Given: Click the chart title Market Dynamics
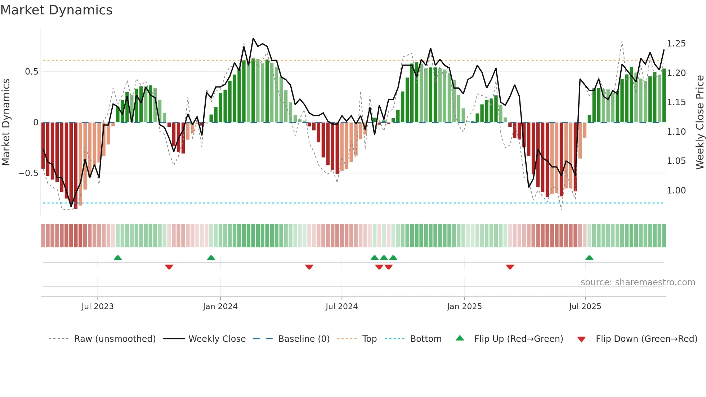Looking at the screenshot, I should [x=56, y=10].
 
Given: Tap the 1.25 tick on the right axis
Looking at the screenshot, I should [x=676, y=44].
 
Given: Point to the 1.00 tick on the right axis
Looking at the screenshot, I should [x=676, y=191].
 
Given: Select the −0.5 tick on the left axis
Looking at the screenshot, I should [x=28, y=173].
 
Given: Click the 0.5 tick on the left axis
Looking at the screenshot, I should [x=31, y=72].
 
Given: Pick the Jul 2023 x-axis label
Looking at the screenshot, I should [x=97, y=307].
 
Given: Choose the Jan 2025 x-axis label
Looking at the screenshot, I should [x=464, y=307].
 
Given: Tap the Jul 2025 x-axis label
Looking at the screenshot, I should [x=585, y=307].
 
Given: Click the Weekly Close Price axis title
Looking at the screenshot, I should [x=700, y=122].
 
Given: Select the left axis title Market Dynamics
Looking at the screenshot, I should [x=6, y=122].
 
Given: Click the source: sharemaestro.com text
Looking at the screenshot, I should [x=638, y=282].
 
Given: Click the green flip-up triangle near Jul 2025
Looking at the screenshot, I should [x=589, y=258].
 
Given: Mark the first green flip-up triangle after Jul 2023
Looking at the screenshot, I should [x=117, y=258].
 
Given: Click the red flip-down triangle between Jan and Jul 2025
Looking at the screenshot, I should [x=510, y=267].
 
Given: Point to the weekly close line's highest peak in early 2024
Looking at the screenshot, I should [x=253, y=39].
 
